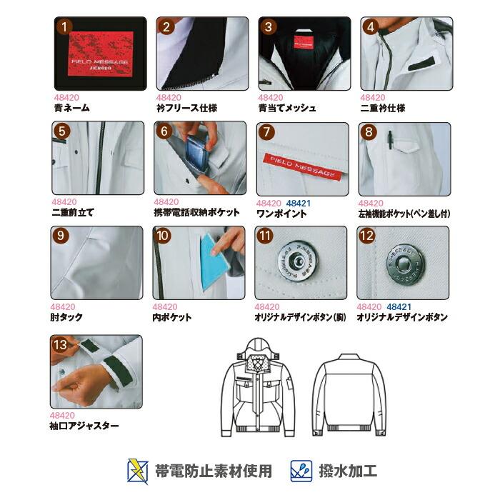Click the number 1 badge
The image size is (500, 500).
65,28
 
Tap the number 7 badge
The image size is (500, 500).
267,133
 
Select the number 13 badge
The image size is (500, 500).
64,346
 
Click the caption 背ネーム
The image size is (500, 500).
71,109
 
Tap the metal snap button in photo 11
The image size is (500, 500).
295,262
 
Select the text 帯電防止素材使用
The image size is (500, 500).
213,471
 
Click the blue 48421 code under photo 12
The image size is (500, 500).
399,306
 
